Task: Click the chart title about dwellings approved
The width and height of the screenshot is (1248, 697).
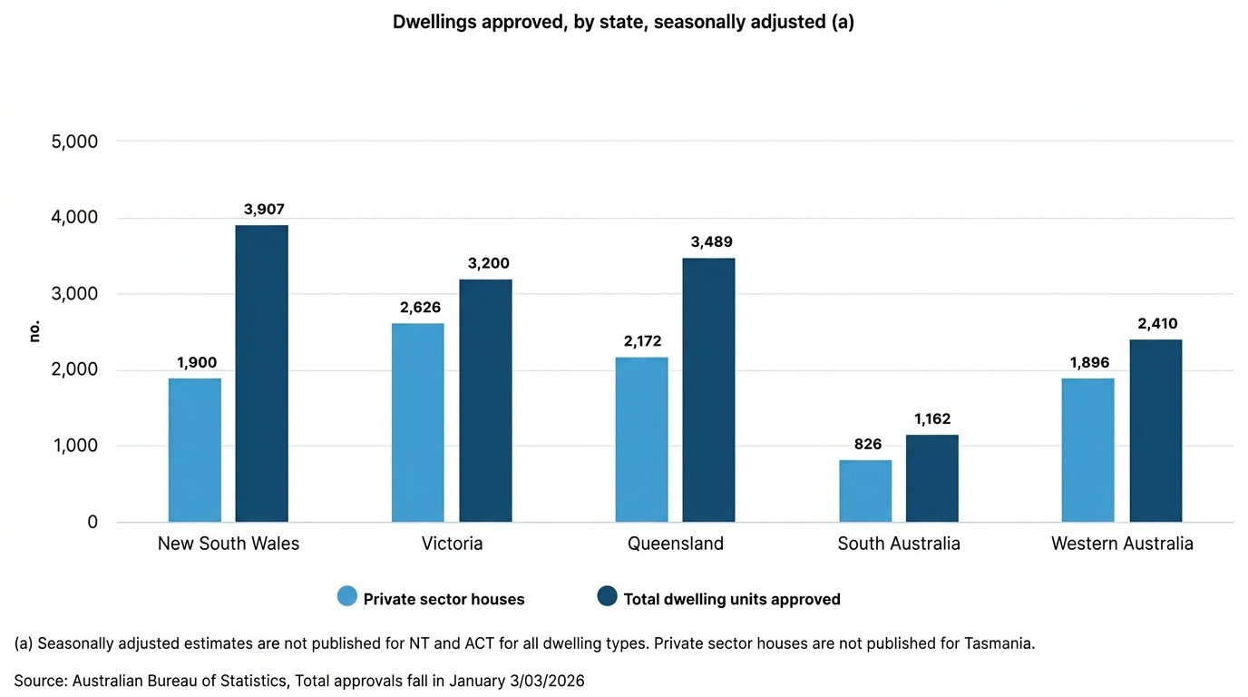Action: coord(623,23)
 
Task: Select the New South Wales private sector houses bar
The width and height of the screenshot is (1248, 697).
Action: coord(195,450)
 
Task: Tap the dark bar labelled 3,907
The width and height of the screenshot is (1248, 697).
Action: coord(261,374)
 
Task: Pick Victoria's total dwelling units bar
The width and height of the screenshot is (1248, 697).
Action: coord(485,400)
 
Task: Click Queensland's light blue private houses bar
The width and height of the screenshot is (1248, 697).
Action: coord(641,439)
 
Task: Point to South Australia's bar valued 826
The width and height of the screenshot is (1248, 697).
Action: coord(865,491)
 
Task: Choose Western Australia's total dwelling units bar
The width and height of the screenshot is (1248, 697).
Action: coord(1155,430)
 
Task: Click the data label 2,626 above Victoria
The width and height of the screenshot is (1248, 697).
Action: coord(420,308)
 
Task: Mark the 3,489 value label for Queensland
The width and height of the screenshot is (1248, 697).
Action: coord(711,242)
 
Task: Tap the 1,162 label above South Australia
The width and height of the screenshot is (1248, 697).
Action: coord(932,419)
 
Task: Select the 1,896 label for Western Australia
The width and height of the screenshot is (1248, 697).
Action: coord(1088,363)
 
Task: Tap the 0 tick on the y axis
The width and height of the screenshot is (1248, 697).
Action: coord(93,523)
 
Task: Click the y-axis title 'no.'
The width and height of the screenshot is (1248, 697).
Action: coord(35,331)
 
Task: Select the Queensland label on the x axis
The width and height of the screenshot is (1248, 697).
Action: coord(676,544)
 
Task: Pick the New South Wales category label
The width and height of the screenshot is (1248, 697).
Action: coord(229,544)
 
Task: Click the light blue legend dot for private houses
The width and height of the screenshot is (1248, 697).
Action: coord(347,596)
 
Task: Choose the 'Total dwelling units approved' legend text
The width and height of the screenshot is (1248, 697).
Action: coord(732,599)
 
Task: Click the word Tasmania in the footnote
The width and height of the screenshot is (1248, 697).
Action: coord(999,643)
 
